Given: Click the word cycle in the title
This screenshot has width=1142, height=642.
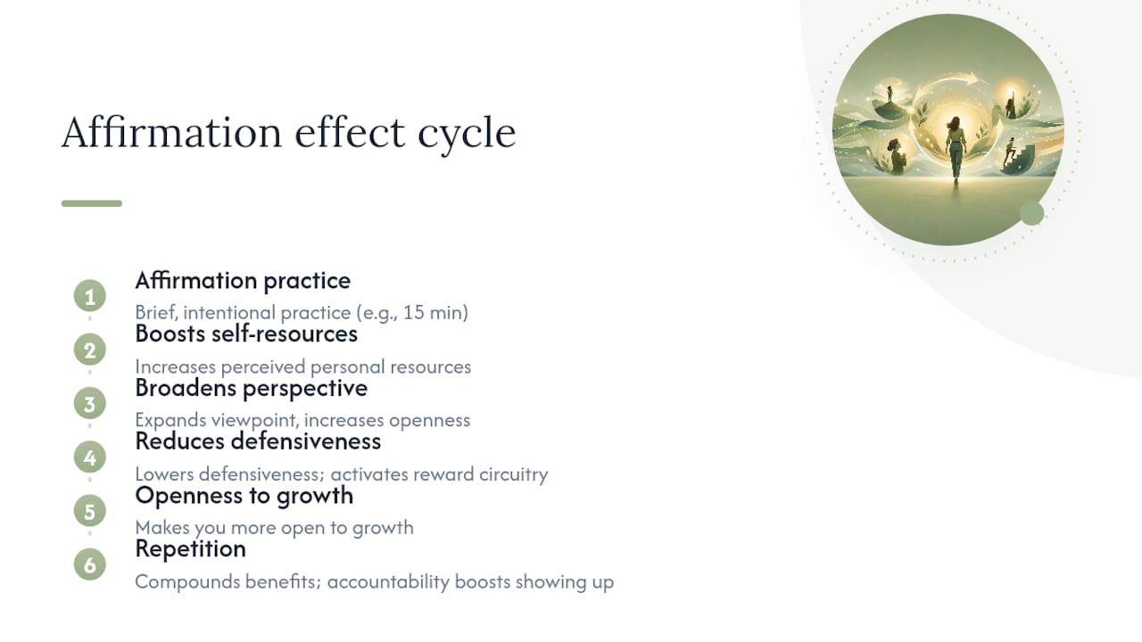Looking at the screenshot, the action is point(467,134).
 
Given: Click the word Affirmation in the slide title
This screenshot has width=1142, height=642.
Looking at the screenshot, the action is point(171,131).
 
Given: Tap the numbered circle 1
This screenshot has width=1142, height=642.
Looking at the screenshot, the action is point(90,296).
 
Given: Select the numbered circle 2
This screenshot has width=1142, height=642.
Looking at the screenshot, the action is point(90,350).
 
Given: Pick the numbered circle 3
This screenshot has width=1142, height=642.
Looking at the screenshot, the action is point(90,404).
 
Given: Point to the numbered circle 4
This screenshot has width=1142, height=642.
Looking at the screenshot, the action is point(90,457).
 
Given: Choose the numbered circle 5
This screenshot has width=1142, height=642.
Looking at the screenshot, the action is point(90,511).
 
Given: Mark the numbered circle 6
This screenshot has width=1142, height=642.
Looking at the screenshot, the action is point(90,564).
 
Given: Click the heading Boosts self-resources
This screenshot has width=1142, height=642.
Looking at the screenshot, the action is point(246,334).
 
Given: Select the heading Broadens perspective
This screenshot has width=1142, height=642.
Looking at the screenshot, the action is point(252,389).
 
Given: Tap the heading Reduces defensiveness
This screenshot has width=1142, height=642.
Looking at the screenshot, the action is point(258,441).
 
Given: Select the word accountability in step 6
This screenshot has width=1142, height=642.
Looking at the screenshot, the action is point(388,582).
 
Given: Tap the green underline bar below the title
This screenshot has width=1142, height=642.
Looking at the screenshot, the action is point(92,203).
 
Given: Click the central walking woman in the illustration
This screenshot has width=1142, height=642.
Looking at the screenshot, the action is point(955,148).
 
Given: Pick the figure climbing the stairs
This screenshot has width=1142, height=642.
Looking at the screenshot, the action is point(1008,151).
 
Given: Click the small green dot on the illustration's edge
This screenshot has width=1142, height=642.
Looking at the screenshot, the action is point(1032,213).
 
